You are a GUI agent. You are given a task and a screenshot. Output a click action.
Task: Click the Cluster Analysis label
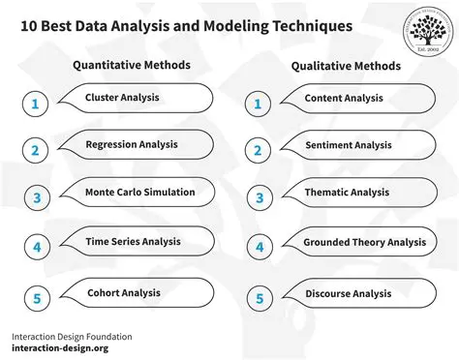[x=122, y=98]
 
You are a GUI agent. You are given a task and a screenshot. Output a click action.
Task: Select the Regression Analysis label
[x=132, y=144]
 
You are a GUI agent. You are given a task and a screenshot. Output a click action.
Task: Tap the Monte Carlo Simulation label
[x=139, y=192]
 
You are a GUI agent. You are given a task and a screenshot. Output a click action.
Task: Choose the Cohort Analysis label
[x=124, y=292]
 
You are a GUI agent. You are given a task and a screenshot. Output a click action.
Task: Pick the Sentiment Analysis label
[x=348, y=145]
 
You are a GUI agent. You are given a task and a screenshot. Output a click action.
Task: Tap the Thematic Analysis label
[x=347, y=194]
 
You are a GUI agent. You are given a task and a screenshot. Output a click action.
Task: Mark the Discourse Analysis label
[x=348, y=293]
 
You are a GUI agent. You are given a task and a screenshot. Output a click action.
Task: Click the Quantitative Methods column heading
[x=132, y=66]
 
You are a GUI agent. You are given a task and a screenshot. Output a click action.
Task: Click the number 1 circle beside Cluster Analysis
[x=35, y=104]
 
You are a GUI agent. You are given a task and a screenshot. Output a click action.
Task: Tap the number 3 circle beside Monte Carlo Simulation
[x=35, y=199]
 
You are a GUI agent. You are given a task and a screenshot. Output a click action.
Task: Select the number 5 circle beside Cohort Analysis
[x=35, y=298]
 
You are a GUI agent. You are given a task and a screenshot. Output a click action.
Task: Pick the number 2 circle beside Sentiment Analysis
[x=258, y=151]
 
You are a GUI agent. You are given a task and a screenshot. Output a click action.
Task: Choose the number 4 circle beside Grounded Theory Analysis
[x=258, y=248]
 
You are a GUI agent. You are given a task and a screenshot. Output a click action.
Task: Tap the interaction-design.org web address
[x=60, y=347]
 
